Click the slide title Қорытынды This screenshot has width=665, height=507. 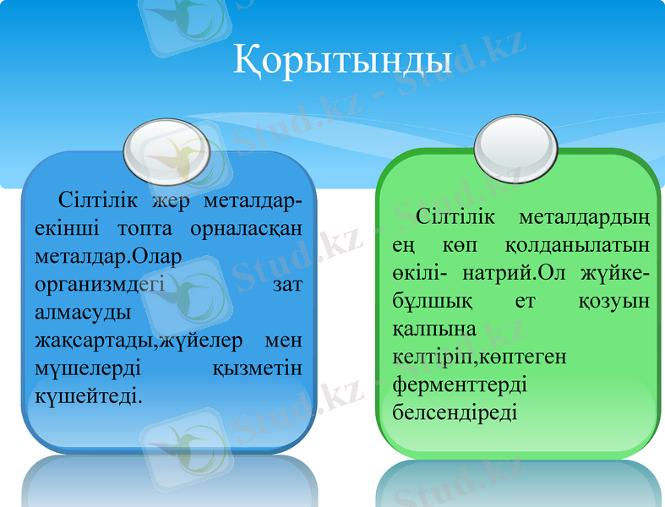(x=342, y=61)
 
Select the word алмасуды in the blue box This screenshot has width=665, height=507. (x=83, y=312)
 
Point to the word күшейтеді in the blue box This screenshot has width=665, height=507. (x=89, y=395)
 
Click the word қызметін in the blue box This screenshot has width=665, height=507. (x=259, y=368)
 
